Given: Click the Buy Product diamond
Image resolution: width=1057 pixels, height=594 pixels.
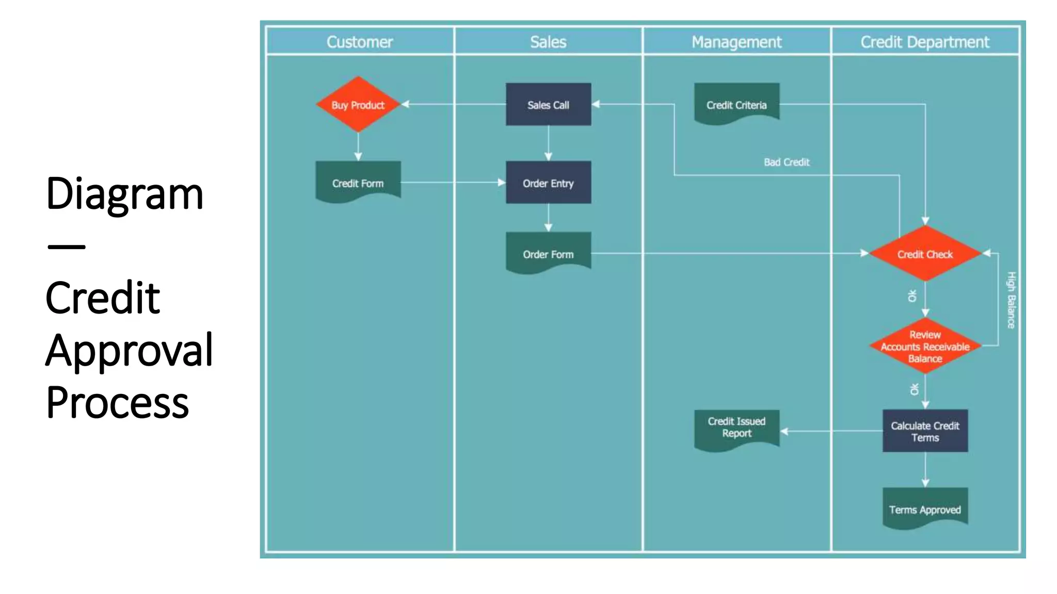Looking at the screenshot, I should click(x=358, y=105).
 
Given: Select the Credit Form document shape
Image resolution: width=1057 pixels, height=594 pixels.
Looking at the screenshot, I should click(x=358, y=181).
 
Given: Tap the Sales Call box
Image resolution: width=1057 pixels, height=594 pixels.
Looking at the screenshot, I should click(x=548, y=105).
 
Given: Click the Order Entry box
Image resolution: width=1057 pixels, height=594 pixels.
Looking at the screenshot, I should click(x=548, y=183).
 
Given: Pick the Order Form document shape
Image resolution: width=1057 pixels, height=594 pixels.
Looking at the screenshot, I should click(x=548, y=253).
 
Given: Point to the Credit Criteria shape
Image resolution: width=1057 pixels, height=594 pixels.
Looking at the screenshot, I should click(x=736, y=104).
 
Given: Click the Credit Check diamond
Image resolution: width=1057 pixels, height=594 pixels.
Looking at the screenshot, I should click(x=925, y=254).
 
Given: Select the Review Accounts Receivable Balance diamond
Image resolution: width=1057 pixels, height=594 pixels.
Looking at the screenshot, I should click(x=925, y=346).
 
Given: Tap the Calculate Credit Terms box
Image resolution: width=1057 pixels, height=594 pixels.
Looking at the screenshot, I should click(x=925, y=431).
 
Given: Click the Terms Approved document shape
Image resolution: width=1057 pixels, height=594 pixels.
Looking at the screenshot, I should click(x=925, y=508).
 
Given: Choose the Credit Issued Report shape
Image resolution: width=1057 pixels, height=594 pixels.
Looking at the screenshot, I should click(x=736, y=428).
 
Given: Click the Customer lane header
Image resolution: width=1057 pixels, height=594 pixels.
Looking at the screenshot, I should click(x=360, y=42).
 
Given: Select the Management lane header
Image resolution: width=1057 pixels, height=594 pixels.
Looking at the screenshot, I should click(x=736, y=42).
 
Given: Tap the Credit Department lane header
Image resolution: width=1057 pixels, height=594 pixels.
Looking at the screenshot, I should click(x=925, y=42).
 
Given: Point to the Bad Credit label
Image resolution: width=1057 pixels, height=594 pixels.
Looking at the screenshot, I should click(x=787, y=162).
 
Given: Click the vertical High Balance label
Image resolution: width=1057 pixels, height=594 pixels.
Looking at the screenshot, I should click(x=1011, y=300).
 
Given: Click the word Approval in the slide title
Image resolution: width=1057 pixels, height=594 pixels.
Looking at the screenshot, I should click(x=129, y=350).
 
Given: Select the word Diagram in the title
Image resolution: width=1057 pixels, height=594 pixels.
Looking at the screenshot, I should click(x=124, y=193).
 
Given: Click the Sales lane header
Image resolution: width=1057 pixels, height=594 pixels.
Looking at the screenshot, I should click(x=548, y=42).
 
